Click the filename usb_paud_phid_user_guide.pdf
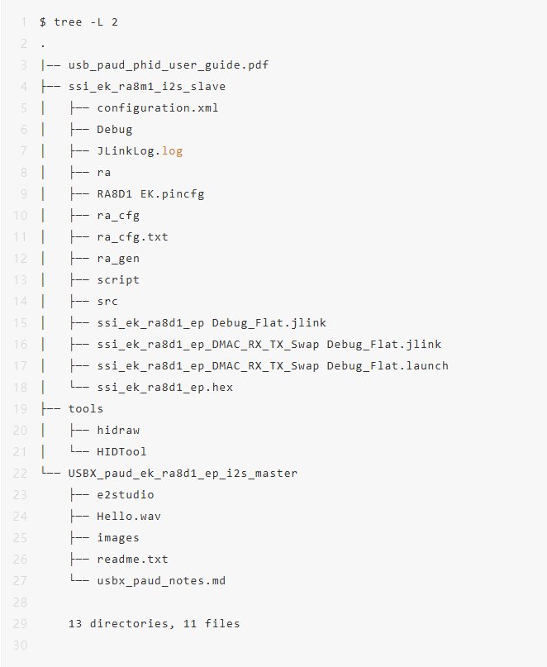169,65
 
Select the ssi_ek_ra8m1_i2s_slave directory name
147,86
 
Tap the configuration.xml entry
157,107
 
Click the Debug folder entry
114,129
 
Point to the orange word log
172,151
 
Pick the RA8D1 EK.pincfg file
150,194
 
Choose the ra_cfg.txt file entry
132,237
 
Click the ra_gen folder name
118,259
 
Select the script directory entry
118,280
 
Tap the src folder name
107,302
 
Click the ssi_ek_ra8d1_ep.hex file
164,388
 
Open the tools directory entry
85,409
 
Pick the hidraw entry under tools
118,431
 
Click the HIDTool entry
121,452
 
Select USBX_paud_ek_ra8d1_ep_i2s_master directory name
183,474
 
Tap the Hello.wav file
128,517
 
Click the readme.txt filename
132,560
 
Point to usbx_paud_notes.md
161,581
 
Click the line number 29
20,624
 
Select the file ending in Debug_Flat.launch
273,366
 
